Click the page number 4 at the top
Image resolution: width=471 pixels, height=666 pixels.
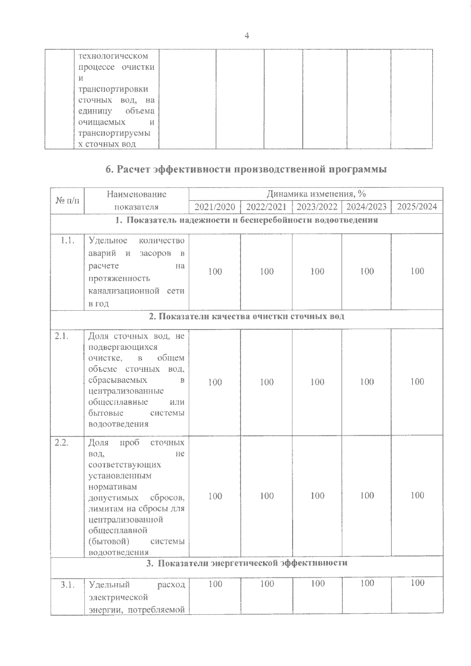click(x=246, y=36)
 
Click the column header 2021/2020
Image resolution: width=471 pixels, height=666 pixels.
click(x=215, y=207)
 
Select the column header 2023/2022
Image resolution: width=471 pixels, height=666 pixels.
click(x=317, y=207)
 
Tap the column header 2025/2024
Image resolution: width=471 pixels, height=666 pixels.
click(x=417, y=207)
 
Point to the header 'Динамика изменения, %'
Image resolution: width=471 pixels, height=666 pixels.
click(x=316, y=194)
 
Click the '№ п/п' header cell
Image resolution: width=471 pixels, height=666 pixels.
click(x=67, y=200)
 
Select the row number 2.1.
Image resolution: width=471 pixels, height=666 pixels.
click(x=62, y=336)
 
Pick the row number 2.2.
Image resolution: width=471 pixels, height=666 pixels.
click(x=62, y=443)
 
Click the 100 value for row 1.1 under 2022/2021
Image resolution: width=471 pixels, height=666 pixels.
click(x=267, y=271)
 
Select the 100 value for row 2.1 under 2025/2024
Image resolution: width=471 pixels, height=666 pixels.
click(x=417, y=382)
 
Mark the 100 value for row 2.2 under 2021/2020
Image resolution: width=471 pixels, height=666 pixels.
click(x=215, y=496)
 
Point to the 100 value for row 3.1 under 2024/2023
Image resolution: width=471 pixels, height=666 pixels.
click(x=367, y=584)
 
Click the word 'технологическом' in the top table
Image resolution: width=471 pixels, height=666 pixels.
click(x=113, y=56)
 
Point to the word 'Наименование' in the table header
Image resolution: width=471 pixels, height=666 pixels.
click(x=137, y=194)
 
